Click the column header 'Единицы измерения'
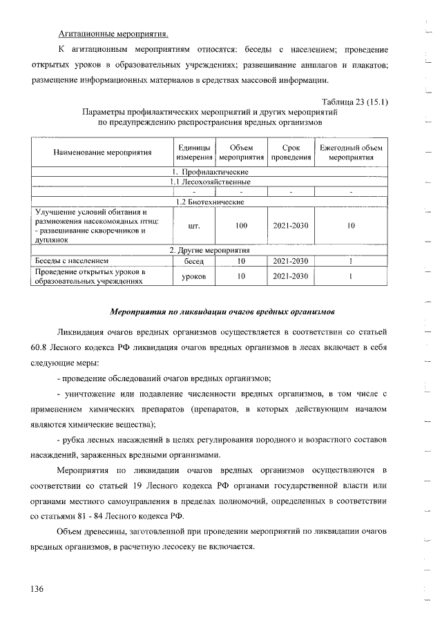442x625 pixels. pyautogui.click(x=193, y=153)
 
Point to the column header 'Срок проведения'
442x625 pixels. pyautogui.click(x=291, y=153)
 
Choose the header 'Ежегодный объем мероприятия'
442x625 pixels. pyautogui.click(x=351, y=153)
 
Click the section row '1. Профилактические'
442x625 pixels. pyautogui.click(x=209, y=171)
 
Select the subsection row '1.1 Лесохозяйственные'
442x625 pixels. pyautogui.click(x=209, y=181)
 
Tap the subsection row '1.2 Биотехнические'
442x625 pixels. pyautogui.click(x=209, y=201)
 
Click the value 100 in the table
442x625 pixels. pyautogui.click(x=241, y=226)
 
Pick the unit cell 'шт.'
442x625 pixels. pyautogui.click(x=193, y=226)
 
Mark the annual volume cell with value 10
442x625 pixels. pyautogui.click(x=351, y=226)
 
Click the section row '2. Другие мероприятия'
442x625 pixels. pyautogui.click(x=209, y=250)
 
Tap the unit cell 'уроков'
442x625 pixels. pyautogui.click(x=193, y=277)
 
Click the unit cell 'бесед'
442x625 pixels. pyautogui.click(x=193, y=262)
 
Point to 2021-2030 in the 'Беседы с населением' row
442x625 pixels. pyautogui.click(x=291, y=262)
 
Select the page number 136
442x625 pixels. pyautogui.click(x=37, y=589)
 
